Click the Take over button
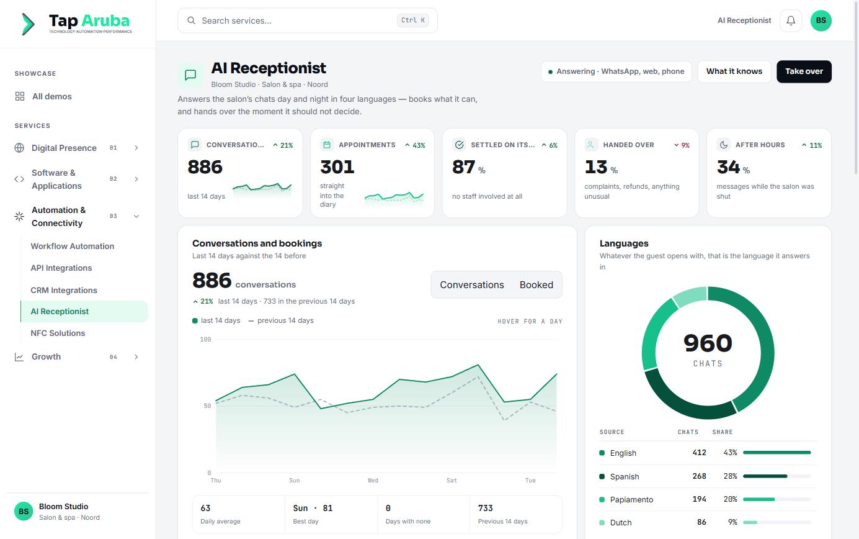[804, 71]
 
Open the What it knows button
[734, 71]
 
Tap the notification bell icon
[790, 20]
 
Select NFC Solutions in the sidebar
[58, 333]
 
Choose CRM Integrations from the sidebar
[64, 290]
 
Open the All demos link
[51, 96]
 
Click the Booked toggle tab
[536, 284]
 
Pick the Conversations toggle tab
[472, 284]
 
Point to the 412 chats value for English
[699, 453]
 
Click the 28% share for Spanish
[730, 476]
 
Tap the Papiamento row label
[631, 499]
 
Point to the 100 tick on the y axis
[205, 340]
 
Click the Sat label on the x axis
[452, 480]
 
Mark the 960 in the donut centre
[708, 343]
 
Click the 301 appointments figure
[337, 167]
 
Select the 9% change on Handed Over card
[682, 145]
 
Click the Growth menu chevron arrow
[136, 357]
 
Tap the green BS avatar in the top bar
[821, 20]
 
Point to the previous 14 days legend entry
[281, 320]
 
